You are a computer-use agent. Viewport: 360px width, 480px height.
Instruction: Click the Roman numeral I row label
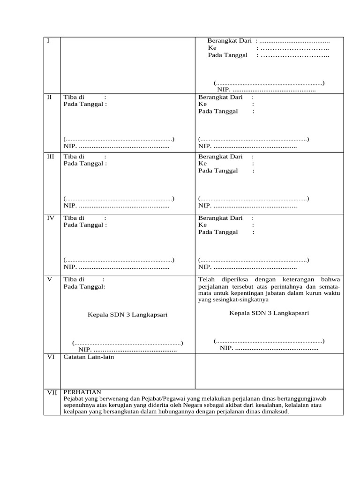[x=48, y=41]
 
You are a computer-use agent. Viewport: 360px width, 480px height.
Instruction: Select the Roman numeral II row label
[x=50, y=97]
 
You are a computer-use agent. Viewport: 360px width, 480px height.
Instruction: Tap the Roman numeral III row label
[x=51, y=157]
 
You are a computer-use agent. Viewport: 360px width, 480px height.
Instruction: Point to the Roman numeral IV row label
[x=51, y=218]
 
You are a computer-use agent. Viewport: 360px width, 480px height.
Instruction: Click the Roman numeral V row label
[x=50, y=279]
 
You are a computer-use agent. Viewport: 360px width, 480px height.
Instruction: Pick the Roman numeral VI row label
[x=51, y=357]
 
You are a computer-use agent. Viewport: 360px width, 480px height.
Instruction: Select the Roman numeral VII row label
[x=52, y=392]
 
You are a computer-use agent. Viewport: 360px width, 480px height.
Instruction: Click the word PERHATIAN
[x=82, y=392]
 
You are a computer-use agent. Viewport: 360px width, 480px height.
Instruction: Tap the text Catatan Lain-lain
[x=89, y=357]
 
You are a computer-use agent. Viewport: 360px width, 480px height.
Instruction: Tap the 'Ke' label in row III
[x=202, y=164]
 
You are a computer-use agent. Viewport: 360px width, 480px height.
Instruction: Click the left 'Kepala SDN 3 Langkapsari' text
[x=127, y=315]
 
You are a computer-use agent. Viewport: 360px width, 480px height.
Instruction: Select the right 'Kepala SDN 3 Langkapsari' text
[x=269, y=313]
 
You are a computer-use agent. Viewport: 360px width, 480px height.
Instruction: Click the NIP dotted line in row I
[x=273, y=90]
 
